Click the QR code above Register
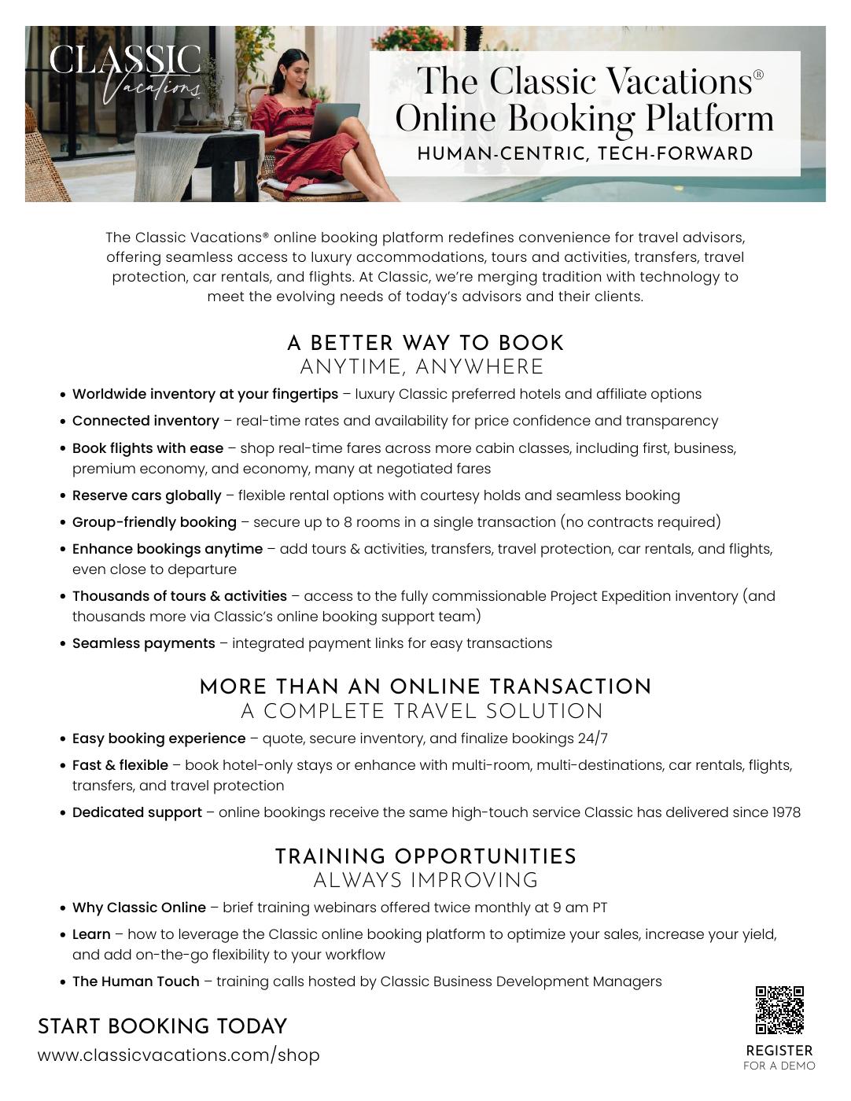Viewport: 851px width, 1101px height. point(779,1010)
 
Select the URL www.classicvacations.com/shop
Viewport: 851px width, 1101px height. point(179,1055)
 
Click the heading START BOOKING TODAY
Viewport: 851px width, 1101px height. point(162,1026)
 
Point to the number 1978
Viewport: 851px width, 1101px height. point(786,812)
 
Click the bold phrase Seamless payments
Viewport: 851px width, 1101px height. point(144,643)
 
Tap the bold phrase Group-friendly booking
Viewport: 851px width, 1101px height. point(154,522)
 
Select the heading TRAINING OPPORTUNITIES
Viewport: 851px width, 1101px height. point(425,856)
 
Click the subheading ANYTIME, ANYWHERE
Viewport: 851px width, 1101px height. point(422,367)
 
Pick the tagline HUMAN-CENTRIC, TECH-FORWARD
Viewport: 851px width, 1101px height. point(585,153)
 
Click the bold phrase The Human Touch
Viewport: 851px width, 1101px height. point(136,981)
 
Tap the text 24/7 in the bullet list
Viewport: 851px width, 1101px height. point(592,738)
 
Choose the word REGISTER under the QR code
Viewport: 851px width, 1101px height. point(779,1051)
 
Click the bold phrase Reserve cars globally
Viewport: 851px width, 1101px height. point(147,495)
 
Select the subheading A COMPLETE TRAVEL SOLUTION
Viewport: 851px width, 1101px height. point(422,712)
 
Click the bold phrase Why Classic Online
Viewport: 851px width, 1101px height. point(139,908)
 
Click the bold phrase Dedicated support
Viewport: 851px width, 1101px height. point(137,812)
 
